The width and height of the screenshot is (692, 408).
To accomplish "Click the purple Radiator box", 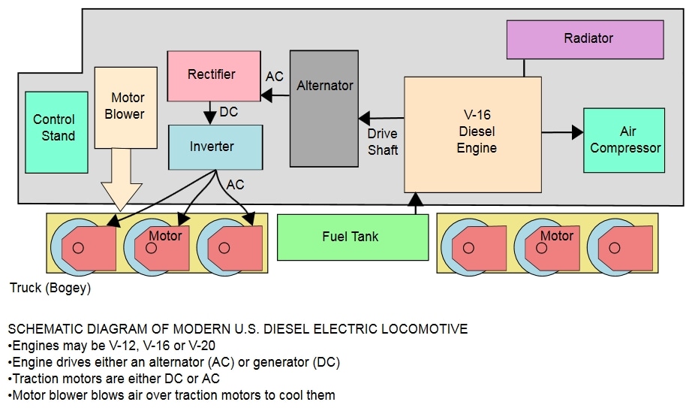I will click(585, 39).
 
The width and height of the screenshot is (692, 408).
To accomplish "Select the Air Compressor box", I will click(624, 140).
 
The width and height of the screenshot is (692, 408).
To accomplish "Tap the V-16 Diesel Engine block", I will click(472, 134).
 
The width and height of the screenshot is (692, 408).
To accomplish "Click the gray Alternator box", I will click(324, 108).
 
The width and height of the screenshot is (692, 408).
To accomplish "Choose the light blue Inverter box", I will click(215, 147).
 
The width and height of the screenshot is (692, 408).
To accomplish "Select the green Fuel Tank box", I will click(353, 237).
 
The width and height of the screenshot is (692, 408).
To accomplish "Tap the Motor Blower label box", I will click(127, 107).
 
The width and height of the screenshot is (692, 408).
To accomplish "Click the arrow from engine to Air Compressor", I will click(563, 132).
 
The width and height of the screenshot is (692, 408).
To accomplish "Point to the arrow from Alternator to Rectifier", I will click(275, 95).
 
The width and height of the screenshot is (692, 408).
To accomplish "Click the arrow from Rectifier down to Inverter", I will click(211, 113).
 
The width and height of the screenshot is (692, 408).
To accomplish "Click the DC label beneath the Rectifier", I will click(229, 113).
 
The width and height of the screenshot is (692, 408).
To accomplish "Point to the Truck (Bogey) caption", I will click(50, 289).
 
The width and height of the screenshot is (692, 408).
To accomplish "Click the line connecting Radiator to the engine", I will click(524, 68).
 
